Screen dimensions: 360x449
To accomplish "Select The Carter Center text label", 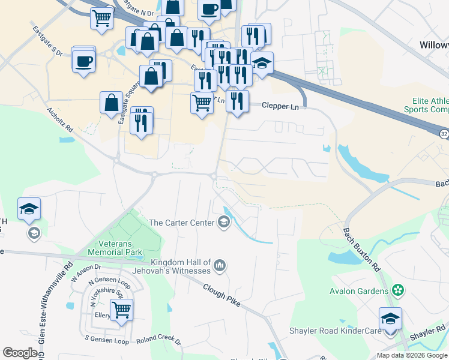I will click(181, 223).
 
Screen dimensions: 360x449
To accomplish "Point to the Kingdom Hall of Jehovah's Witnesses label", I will click(181, 268).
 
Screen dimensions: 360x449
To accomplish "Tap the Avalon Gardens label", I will click(359, 291).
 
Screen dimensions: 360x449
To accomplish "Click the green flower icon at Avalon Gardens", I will click(396, 290).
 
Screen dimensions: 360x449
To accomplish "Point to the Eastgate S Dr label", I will click(48, 41).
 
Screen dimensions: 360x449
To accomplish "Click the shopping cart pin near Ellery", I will click(122, 310).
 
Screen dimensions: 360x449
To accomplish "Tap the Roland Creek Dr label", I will click(158, 341).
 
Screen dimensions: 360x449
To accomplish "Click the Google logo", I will click(20, 353).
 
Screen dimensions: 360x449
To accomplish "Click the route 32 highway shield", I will click(442, 134).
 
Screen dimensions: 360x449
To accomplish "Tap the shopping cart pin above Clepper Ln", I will click(202, 103).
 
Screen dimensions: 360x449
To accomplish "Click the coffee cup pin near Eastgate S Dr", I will click(83, 60).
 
